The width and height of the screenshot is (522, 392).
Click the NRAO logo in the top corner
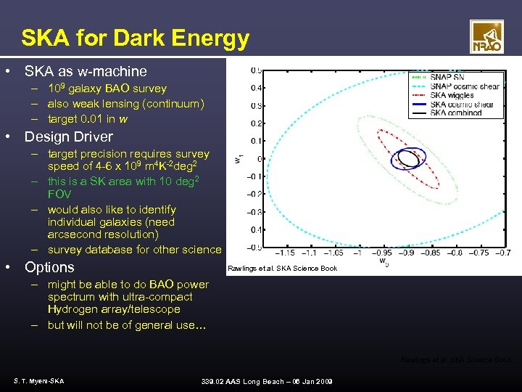[486, 36]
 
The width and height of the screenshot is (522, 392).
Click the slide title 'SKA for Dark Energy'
[135, 38]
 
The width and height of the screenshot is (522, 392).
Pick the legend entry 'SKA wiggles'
[452, 95]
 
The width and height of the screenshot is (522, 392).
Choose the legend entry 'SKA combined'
[455, 113]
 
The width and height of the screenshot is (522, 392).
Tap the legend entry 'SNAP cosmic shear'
[464, 86]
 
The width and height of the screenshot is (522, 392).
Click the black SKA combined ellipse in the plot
[408, 158]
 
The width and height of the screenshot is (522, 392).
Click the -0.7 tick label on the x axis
[501, 253]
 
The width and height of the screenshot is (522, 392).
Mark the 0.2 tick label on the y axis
[256, 123]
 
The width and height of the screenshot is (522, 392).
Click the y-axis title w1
[238, 158]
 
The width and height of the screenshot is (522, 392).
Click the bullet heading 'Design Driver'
[69, 136]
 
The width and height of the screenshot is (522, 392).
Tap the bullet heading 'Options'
[49, 267]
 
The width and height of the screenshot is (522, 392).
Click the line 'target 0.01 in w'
[88, 119]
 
